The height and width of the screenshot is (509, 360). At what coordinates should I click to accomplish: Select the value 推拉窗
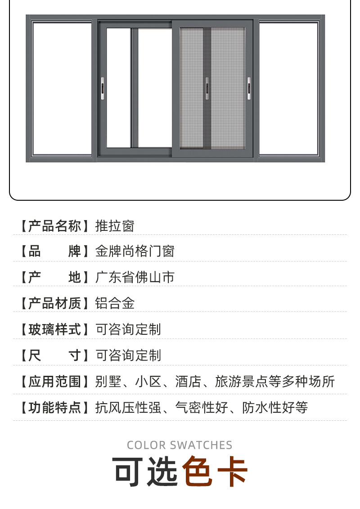tap(115, 225)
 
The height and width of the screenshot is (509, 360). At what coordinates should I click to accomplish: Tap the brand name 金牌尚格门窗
tap(135, 251)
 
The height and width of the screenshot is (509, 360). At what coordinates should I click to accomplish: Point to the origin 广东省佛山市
tap(135, 277)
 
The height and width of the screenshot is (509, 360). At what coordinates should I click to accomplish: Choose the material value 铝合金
tap(115, 303)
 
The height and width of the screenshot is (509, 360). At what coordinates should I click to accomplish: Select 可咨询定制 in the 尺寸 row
tap(128, 356)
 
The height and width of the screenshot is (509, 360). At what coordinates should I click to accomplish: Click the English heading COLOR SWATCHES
tap(180, 445)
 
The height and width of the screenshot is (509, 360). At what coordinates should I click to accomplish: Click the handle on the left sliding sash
tap(103, 89)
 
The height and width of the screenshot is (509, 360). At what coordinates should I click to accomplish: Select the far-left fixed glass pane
tap(62, 88)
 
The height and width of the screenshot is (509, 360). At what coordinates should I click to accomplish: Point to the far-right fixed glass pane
tap(288, 88)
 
